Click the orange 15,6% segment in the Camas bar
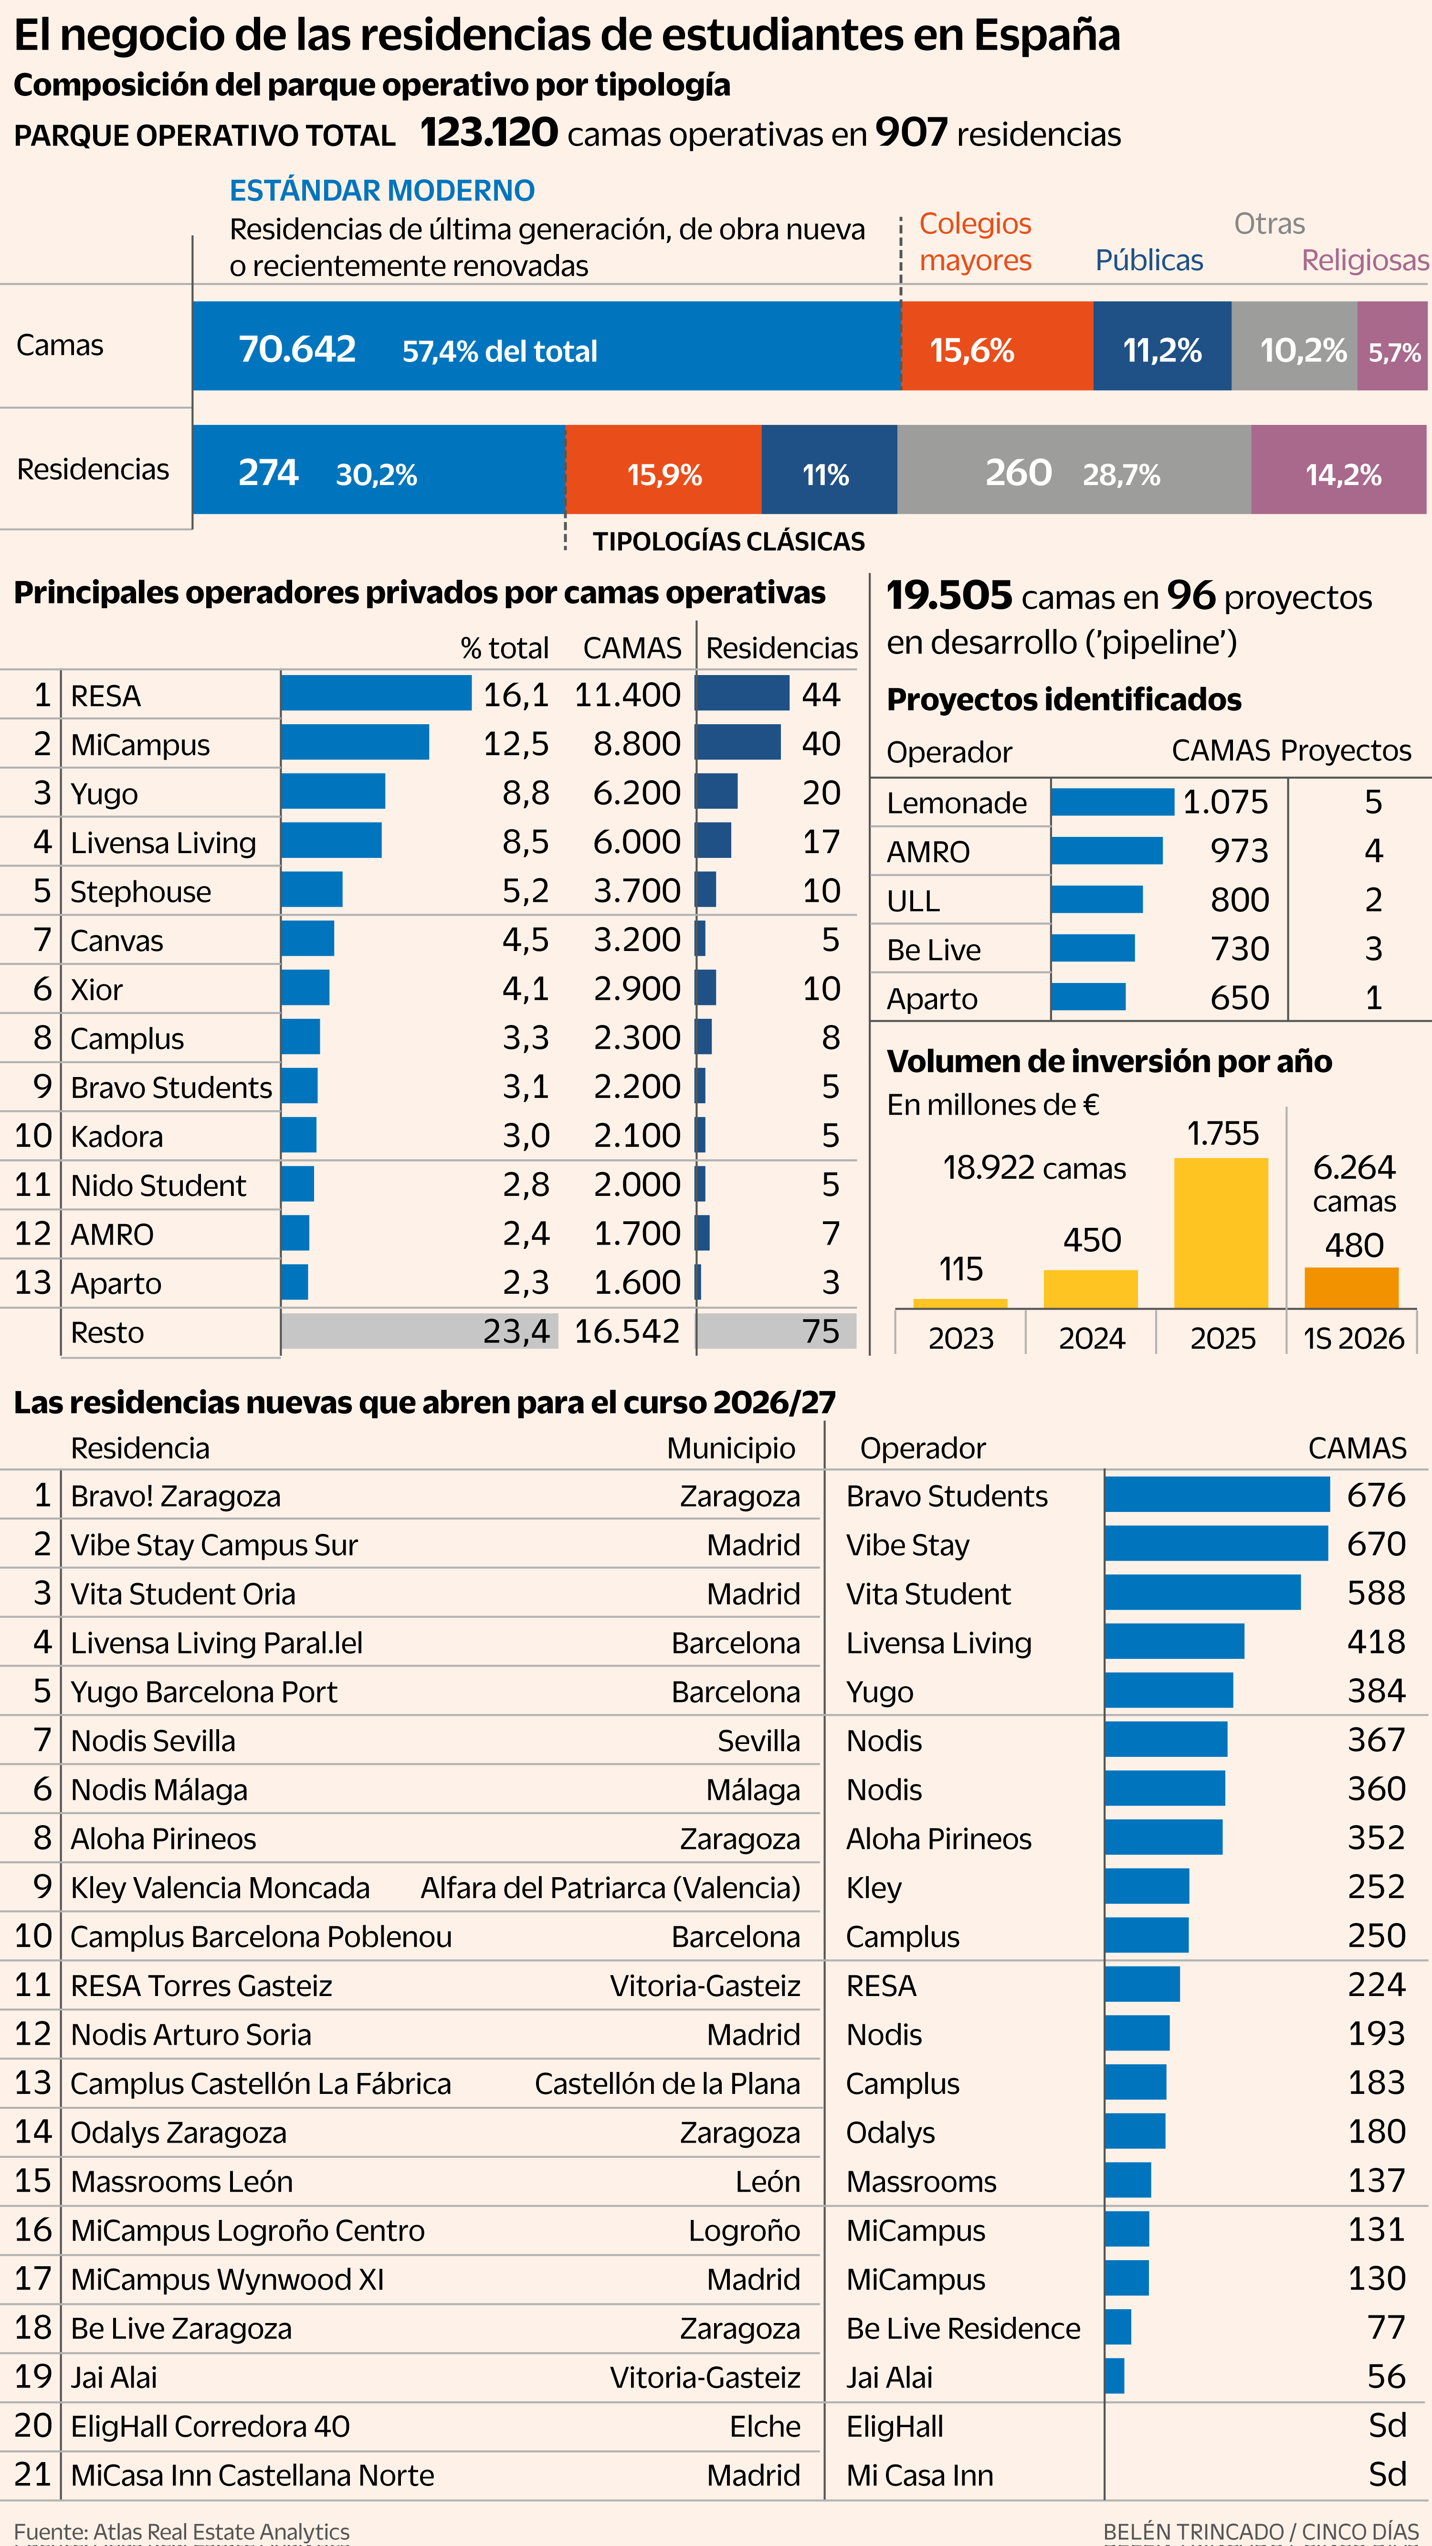[997, 346]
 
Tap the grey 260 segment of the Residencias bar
[1074, 469]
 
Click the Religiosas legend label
[1365, 260]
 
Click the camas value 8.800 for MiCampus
[636, 743]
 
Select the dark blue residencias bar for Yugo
[716, 791]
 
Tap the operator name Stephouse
[140, 891]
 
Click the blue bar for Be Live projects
[1093, 948]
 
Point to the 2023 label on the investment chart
[960, 1338]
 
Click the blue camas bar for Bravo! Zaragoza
[1218, 1494]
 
